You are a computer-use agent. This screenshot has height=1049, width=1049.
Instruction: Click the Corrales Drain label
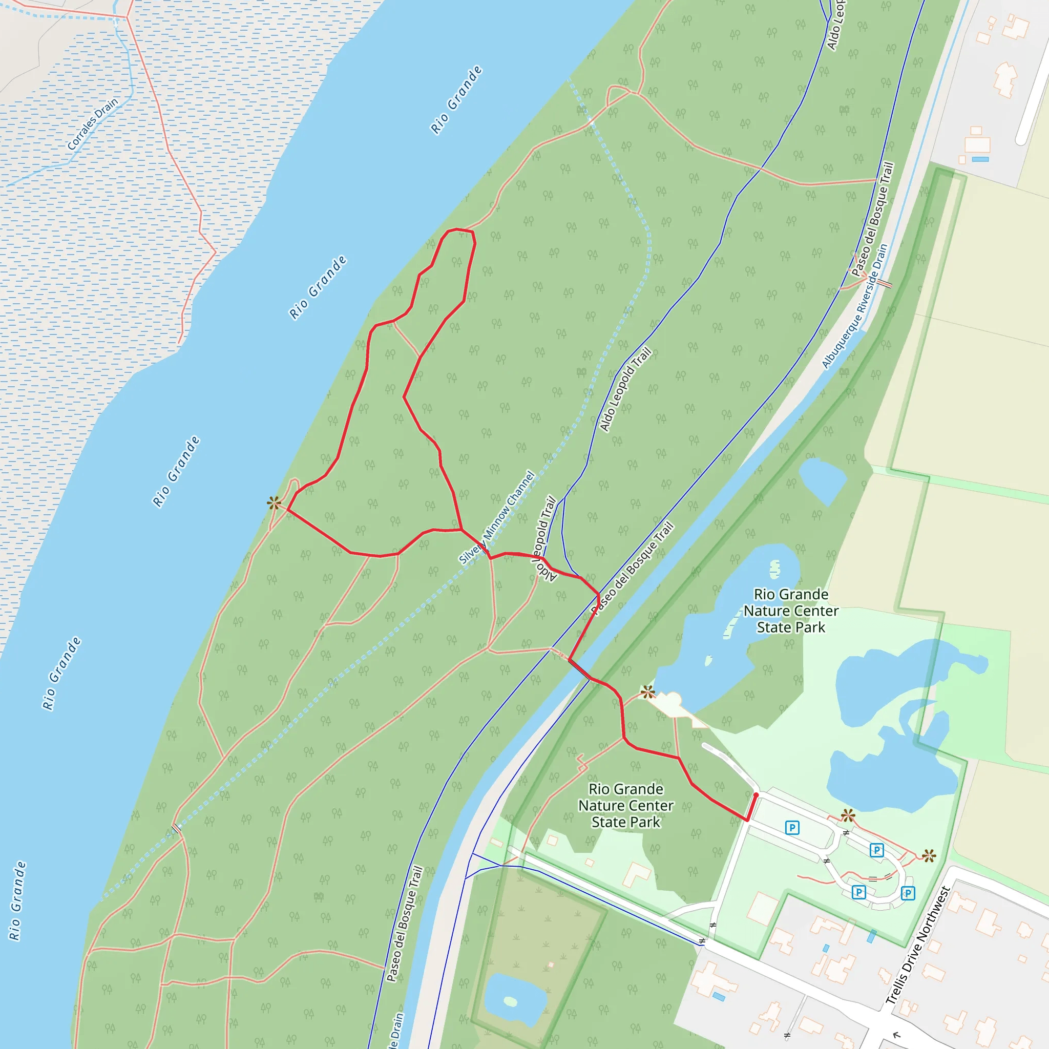click(92, 124)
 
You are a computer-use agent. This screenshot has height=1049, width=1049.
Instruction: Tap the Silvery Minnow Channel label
click(497, 517)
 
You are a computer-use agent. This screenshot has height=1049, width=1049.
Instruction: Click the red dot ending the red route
click(756, 795)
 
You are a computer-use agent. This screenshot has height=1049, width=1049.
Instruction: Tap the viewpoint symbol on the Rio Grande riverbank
click(274, 503)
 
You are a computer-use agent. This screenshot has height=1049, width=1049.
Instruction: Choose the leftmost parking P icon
click(792, 828)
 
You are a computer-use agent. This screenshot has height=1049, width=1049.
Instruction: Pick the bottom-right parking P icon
click(908, 893)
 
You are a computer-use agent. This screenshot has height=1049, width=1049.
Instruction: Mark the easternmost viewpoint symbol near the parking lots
click(929, 856)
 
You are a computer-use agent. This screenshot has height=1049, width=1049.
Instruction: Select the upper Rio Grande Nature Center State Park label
click(790, 611)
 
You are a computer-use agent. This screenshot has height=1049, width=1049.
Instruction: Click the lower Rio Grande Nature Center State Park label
click(625, 805)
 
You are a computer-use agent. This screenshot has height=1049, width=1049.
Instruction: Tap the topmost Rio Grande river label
click(456, 100)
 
